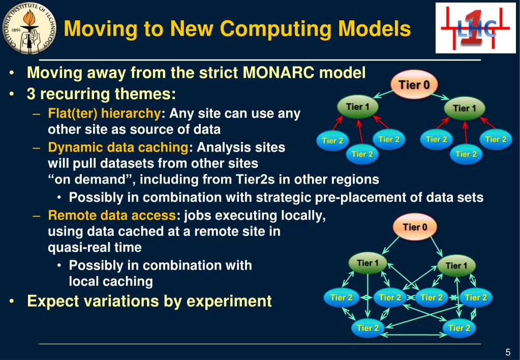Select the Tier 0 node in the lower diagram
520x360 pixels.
tap(415, 227)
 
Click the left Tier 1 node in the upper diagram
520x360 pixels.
tap(358, 107)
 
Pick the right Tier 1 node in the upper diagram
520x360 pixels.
tap(465, 108)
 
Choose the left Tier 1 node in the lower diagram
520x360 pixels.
tap(368, 263)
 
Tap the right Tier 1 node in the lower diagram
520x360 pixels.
tap(456, 266)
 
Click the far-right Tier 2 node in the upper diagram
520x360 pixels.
tap(496, 139)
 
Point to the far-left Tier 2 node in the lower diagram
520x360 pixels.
tap(342, 298)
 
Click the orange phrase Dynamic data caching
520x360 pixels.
tap(118, 147)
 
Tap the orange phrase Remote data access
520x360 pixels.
tap(112, 216)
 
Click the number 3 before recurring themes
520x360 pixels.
tap(31, 94)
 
